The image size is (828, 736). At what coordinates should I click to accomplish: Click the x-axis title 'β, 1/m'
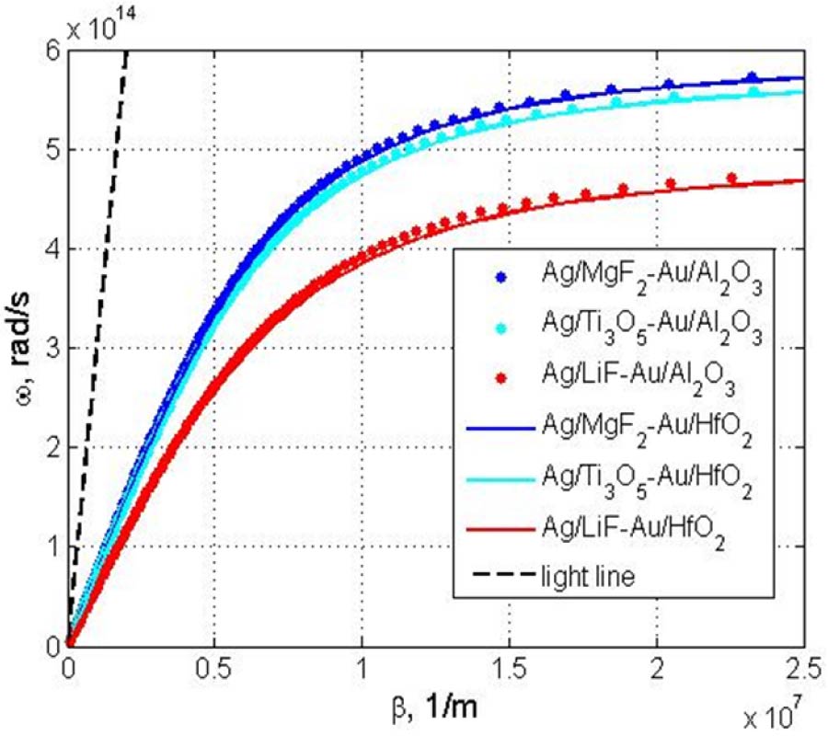pos(436,704)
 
